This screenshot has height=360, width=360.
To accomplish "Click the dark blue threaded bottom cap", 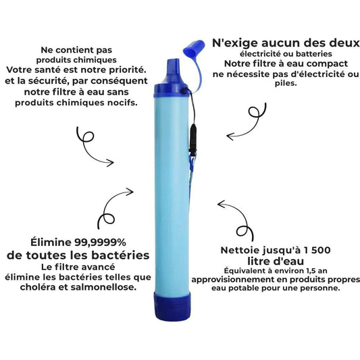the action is click(x=172, y=306).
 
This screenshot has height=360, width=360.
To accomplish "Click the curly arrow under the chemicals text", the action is click(x=92, y=147).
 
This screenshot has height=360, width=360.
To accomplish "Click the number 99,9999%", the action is click(x=101, y=242).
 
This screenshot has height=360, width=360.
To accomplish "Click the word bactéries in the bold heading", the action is click(x=120, y=255).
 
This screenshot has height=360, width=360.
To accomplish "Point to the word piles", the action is click(x=286, y=83).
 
